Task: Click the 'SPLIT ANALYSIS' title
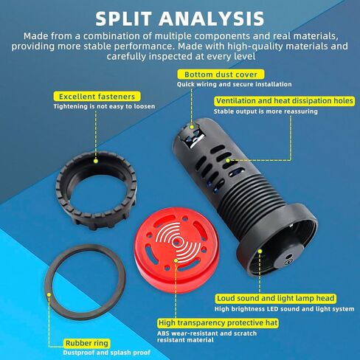coord(180,18)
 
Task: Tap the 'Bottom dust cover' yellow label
coord(221,75)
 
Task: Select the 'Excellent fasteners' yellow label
coord(97,97)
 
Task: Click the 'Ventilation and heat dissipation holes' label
coord(285,101)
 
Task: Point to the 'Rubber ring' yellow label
coord(87,343)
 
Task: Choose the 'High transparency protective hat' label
coord(218,323)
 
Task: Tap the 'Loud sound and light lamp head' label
coord(276,298)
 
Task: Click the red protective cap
coord(176,249)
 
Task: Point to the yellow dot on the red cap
coord(176,260)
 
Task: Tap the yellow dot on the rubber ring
coord(49,294)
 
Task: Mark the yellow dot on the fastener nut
coord(96,161)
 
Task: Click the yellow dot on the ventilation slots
coord(228,160)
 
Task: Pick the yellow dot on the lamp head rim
coord(260,251)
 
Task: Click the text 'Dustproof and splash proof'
coord(106,353)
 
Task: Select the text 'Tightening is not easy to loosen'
coord(104,106)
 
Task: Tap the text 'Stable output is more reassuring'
coord(266,111)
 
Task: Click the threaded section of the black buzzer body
coord(249,194)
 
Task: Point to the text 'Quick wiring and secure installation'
coord(234,84)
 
